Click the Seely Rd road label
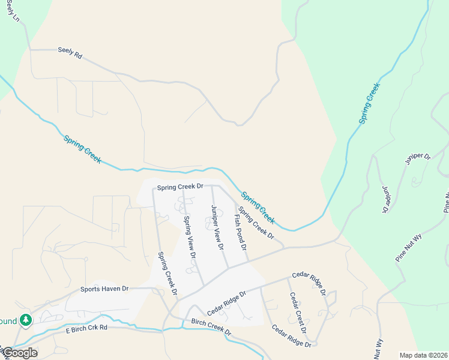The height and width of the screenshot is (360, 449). [x=70, y=52]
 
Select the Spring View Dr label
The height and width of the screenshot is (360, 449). [x=190, y=237]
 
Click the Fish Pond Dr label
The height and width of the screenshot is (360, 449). [x=241, y=230]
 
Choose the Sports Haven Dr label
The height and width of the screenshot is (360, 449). [x=105, y=289]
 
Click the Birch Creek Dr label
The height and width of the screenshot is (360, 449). [x=211, y=327]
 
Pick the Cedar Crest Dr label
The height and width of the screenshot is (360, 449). [x=298, y=313]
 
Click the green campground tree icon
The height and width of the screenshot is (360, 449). [x=25, y=320]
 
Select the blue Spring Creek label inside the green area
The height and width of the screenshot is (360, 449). [x=370, y=103]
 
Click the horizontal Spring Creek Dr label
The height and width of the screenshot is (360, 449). [x=181, y=187]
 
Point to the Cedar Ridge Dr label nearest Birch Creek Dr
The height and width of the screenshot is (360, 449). [x=227, y=304]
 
